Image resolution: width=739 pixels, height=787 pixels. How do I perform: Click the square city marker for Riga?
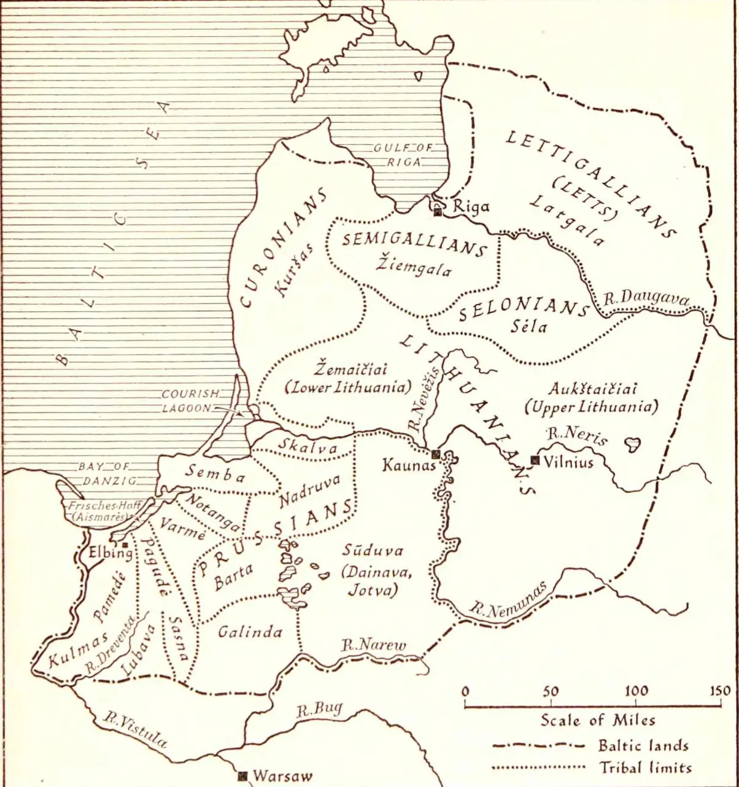point(438,212)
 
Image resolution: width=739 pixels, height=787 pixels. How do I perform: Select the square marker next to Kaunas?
point(435,454)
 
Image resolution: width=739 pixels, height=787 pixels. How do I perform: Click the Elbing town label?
point(110,552)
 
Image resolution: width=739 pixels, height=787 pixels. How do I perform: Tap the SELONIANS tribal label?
point(524,308)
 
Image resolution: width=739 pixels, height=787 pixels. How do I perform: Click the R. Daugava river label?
point(646,299)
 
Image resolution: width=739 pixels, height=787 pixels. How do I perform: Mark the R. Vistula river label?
point(135,729)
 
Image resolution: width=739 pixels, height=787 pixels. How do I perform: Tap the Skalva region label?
point(308,447)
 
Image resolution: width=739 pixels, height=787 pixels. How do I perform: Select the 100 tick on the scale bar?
point(636,691)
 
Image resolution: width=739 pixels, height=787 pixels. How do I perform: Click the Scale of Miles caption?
point(597,720)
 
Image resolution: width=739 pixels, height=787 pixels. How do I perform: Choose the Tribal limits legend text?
point(644,767)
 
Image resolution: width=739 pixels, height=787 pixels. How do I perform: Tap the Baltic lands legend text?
point(643,746)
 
